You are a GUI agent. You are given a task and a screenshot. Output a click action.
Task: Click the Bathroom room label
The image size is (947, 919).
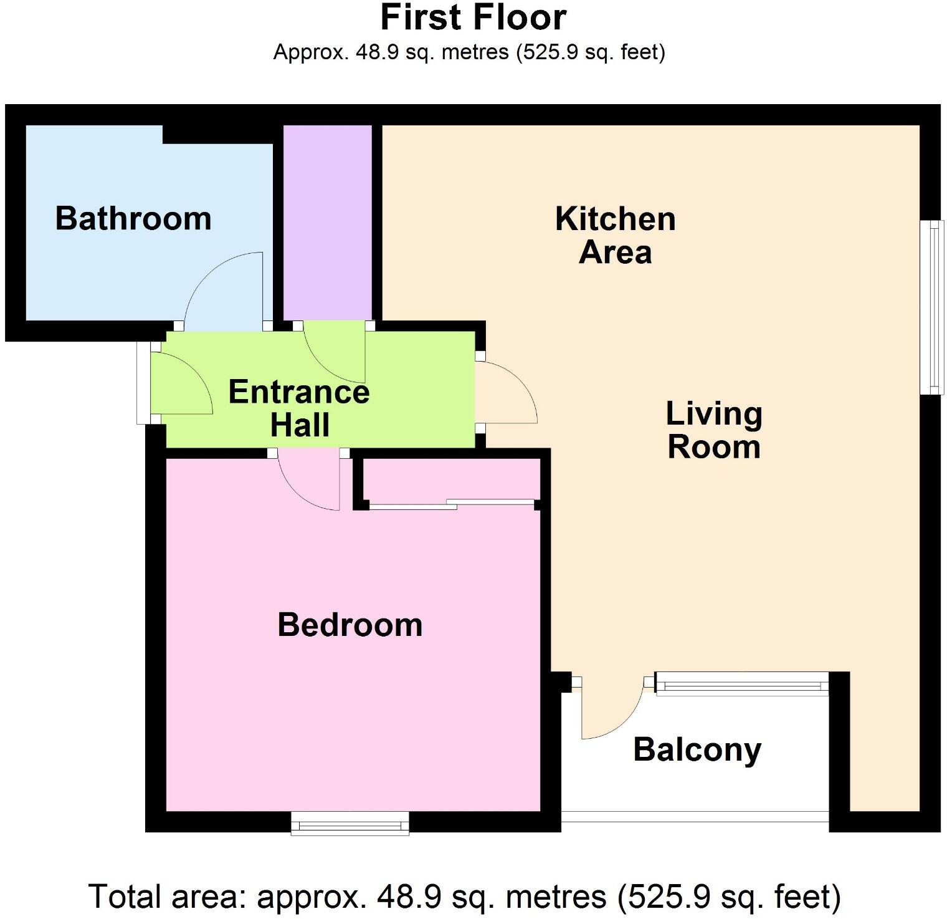point(133,219)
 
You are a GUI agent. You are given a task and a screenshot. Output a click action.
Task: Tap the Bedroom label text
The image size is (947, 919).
point(350,625)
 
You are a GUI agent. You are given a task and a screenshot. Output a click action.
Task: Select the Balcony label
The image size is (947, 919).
point(697,749)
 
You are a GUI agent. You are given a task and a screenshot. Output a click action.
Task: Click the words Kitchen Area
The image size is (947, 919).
point(616,236)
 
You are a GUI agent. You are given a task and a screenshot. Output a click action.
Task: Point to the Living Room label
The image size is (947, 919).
point(714,430)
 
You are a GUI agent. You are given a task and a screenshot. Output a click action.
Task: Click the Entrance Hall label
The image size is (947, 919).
point(299,408)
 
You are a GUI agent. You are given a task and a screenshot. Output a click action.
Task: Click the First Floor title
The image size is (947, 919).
point(473,17)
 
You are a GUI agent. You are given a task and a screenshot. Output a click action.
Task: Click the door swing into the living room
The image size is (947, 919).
point(508,393)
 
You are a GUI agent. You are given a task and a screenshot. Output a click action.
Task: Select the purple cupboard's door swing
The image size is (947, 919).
point(333,352)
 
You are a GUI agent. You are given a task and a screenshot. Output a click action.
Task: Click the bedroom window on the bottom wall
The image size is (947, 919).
point(350,824)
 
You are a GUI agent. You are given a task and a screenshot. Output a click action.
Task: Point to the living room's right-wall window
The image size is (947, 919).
point(932,307)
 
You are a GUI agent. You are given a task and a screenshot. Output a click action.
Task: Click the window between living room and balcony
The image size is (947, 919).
point(741,685)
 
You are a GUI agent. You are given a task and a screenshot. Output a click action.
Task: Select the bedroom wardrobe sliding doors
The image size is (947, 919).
point(452,504)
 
